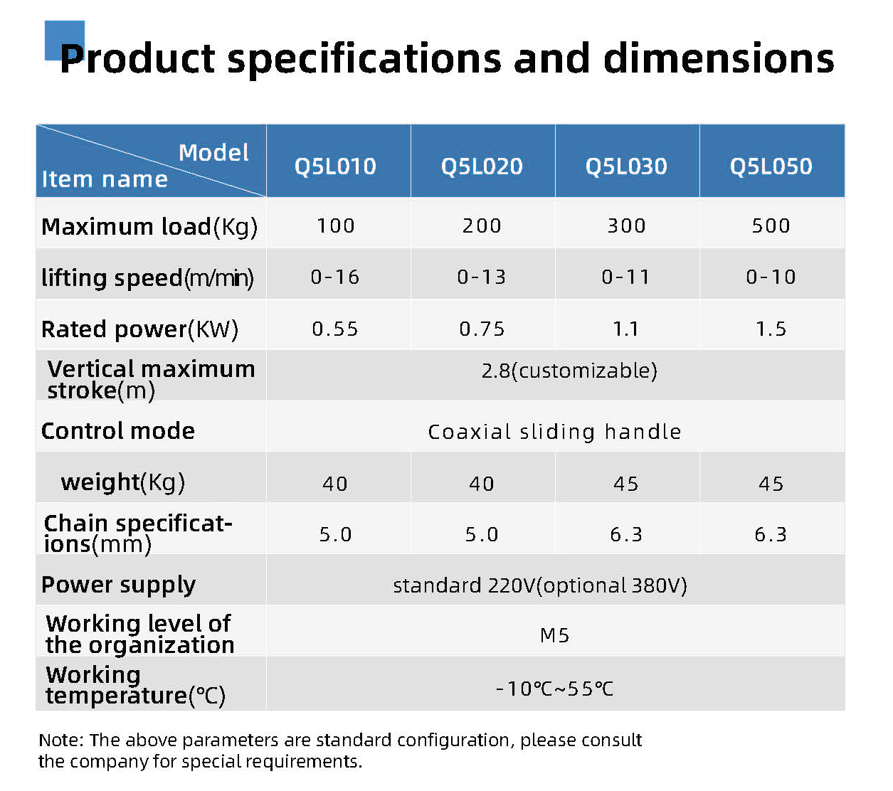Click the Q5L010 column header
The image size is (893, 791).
(335, 166)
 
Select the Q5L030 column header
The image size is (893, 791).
(626, 166)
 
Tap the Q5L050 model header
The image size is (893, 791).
(771, 166)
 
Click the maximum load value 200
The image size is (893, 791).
(481, 225)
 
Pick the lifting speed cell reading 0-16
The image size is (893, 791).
(335, 277)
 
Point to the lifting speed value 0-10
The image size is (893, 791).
(771, 277)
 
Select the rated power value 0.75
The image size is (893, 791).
(481, 329)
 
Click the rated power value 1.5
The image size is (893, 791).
(771, 329)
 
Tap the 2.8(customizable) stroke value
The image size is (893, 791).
(569, 371)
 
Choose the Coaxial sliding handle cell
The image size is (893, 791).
(554, 431)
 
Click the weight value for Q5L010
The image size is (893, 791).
(335, 484)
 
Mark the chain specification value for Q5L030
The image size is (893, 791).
(626, 534)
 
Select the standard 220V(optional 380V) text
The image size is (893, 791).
(540, 585)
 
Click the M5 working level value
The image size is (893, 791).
(554, 635)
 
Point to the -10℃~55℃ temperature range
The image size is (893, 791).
(554, 689)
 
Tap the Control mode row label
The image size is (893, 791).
(117, 430)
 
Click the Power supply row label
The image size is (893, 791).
(118, 585)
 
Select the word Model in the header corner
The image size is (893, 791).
(213, 152)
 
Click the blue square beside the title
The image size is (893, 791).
(64, 40)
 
